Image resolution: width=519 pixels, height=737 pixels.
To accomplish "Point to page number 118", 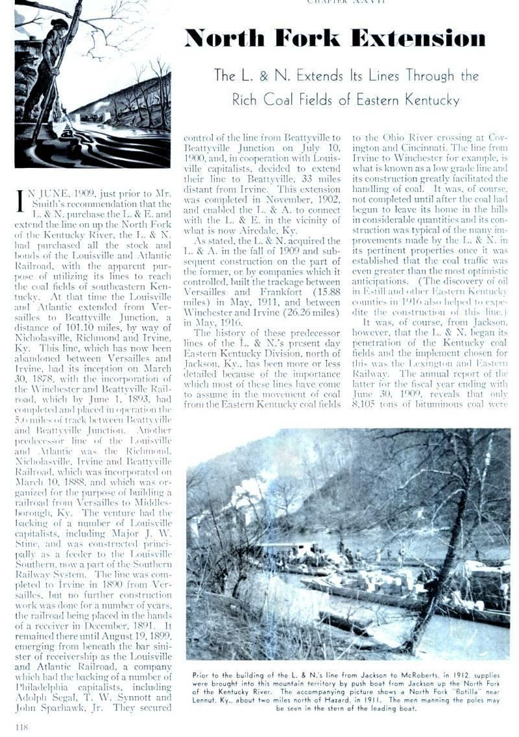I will click(21, 727).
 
